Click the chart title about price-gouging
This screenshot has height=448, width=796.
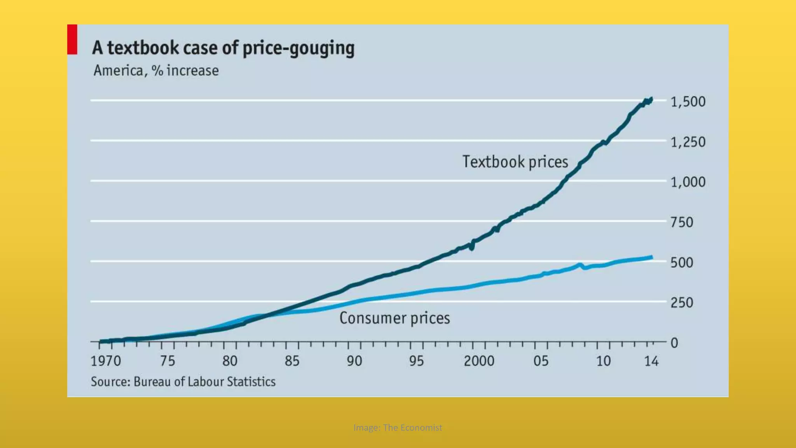point(223,48)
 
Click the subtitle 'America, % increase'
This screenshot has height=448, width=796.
point(156,71)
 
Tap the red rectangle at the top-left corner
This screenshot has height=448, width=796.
point(72,39)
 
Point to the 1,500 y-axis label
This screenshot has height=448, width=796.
point(688,102)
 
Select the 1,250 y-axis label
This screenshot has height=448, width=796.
point(688,142)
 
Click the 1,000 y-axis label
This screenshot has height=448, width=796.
point(688,182)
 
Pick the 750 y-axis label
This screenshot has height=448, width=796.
point(682,222)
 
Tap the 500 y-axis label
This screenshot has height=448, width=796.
point(682,262)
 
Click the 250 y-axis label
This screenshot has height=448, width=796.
point(682,303)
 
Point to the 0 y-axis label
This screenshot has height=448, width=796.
point(674,343)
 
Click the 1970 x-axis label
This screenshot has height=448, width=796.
point(106,361)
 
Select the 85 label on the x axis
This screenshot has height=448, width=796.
point(292,361)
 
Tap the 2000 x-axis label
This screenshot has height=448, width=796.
point(479,361)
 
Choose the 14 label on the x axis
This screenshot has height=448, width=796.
point(651,361)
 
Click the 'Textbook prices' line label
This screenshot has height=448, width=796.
point(515,162)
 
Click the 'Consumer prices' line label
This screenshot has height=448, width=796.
point(395,318)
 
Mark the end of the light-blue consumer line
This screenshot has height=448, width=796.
point(652,257)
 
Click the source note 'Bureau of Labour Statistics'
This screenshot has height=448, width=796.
point(183,381)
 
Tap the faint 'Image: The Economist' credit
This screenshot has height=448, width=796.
point(398,427)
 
